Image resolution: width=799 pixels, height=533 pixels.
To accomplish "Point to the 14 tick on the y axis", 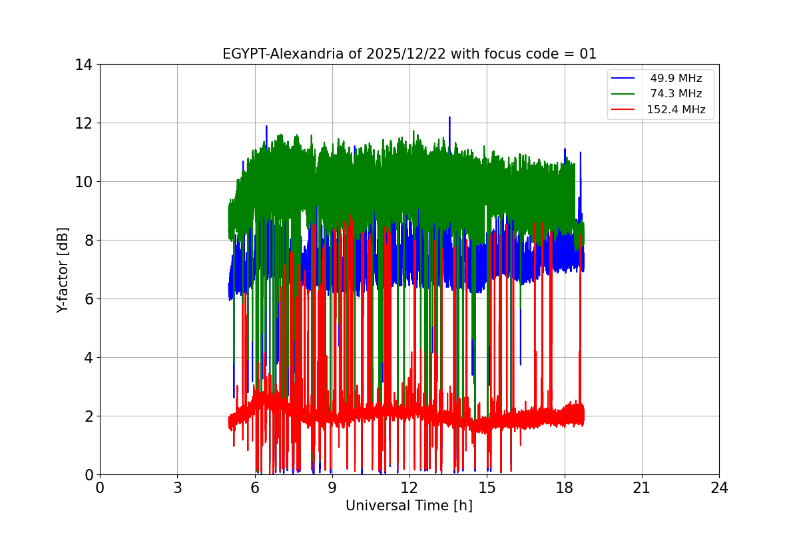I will point(83,65).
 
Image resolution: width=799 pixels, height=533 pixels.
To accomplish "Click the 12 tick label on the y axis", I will point(83,123).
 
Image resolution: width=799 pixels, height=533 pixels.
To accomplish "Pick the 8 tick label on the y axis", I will point(87,241).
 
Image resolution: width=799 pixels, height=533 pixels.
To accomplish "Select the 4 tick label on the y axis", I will point(87,358).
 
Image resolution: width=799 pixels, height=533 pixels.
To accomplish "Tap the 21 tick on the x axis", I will point(642,488).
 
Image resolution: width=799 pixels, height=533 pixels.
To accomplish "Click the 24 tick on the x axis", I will point(719,488).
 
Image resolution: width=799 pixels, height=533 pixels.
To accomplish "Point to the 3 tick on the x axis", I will point(177,488).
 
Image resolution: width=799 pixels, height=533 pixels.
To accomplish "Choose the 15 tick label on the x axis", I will point(487,488).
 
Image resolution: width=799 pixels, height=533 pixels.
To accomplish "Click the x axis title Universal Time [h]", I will point(409,506).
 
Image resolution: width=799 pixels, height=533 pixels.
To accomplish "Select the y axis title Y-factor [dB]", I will point(63,270).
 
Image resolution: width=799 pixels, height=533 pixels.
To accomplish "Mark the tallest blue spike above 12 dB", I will point(449,118).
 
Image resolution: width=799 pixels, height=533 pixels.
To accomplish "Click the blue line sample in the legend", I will point(625,79).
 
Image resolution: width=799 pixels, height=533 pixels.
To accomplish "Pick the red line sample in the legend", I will point(625,110).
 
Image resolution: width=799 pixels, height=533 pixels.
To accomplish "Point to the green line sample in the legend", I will point(625,94).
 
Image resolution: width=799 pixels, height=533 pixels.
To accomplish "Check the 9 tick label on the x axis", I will point(332,488).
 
